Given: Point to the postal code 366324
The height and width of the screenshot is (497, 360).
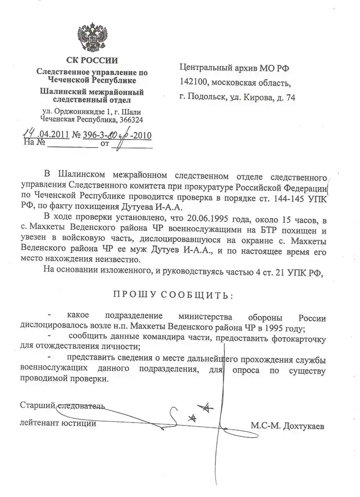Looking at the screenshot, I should tap(131, 119).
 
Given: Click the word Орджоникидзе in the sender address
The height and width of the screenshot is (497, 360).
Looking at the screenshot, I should tap(77, 112).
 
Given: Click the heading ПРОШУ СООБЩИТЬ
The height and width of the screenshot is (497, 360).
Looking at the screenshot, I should tap(173, 295).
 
